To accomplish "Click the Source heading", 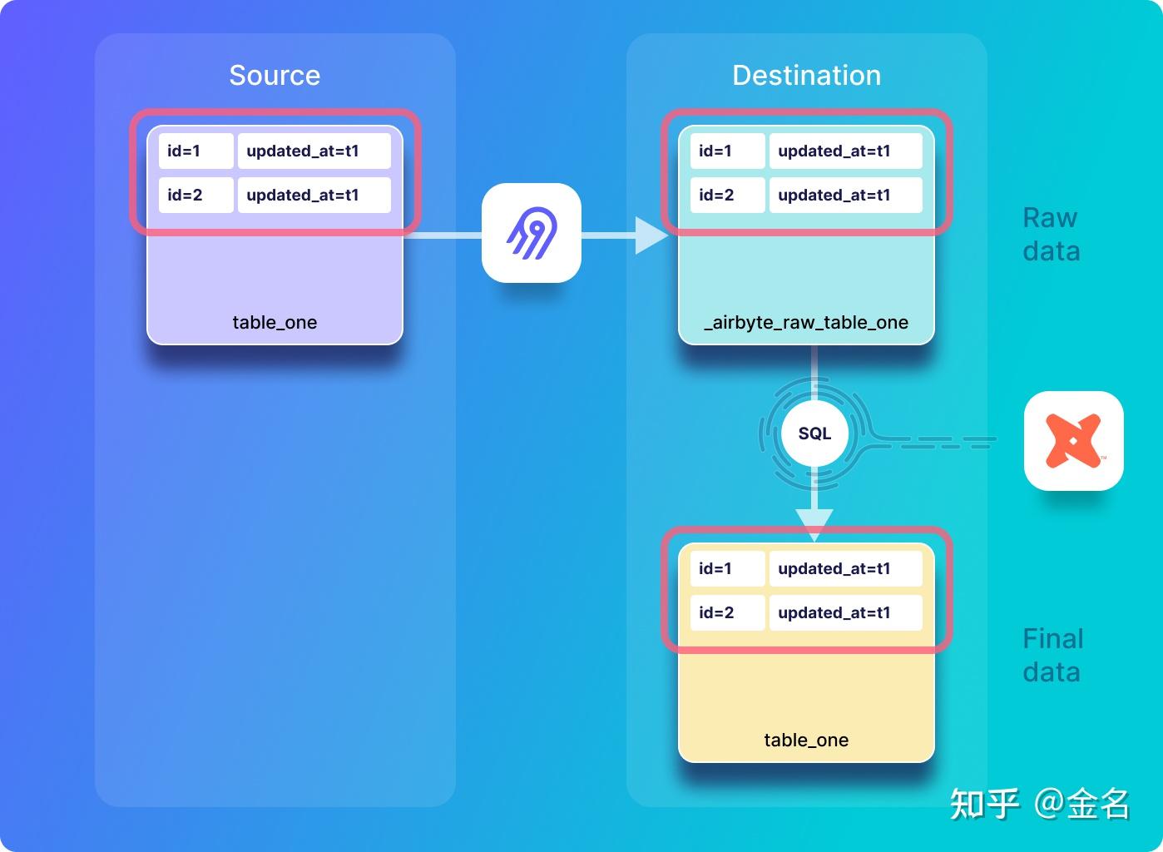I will point(275,76).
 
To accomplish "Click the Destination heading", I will point(806,76).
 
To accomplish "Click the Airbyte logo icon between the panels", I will point(532,233).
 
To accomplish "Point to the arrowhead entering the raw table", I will point(651,235).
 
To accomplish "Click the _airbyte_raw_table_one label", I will point(806,323).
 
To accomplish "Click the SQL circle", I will point(814,433).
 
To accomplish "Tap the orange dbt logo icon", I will point(1073,441).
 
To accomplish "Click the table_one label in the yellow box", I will point(806,741).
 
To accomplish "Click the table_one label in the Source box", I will point(275,323).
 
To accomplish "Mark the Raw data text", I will point(1051,235).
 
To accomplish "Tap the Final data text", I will point(1052,656).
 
